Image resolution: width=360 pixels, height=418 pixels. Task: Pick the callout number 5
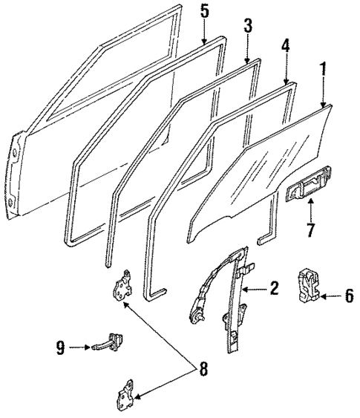tap(204, 11)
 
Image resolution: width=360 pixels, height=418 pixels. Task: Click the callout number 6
tap(349, 296)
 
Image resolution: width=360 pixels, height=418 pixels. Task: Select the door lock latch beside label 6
tap(310, 286)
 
